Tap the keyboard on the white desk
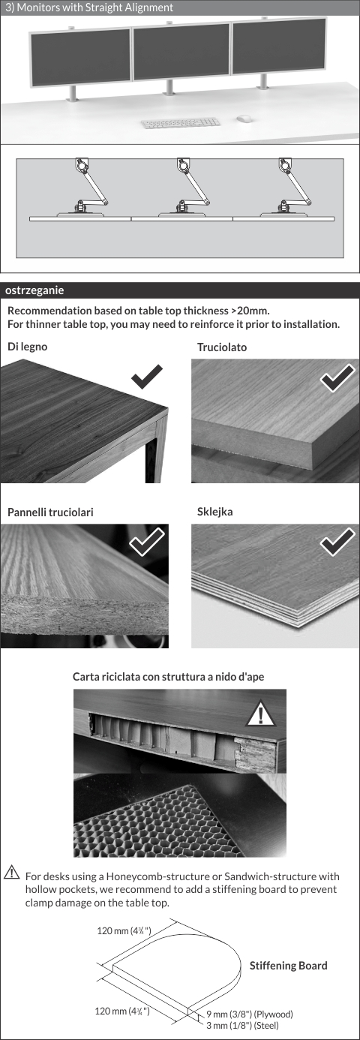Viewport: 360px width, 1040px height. click(x=180, y=122)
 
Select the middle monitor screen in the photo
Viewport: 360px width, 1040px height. click(x=181, y=52)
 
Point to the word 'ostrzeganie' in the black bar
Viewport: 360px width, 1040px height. click(x=34, y=290)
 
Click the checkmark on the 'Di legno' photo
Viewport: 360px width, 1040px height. click(x=147, y=377)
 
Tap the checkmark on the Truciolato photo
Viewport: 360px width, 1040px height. click(x=337, y=378)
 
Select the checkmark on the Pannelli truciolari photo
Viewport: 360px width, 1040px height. click(x=146, y=542)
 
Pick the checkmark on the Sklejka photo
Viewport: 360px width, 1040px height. click(x=337, y=542)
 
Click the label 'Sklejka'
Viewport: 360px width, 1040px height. click(x=214, y=512)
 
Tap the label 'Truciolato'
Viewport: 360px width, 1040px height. click(x=222, y=347)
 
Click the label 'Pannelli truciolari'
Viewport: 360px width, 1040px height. click(x=50, y=512)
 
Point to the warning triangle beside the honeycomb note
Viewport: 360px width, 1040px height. click(x=11, y=872)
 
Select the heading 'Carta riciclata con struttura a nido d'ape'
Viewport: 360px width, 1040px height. click(x=169, y=677)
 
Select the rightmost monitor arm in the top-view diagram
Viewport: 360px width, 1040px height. click(x=288, y=188)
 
